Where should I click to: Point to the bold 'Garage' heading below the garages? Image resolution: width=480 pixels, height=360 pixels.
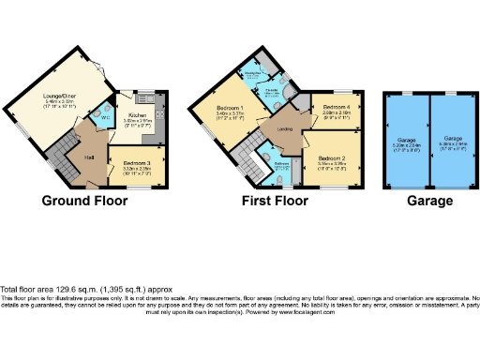(427, 201)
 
